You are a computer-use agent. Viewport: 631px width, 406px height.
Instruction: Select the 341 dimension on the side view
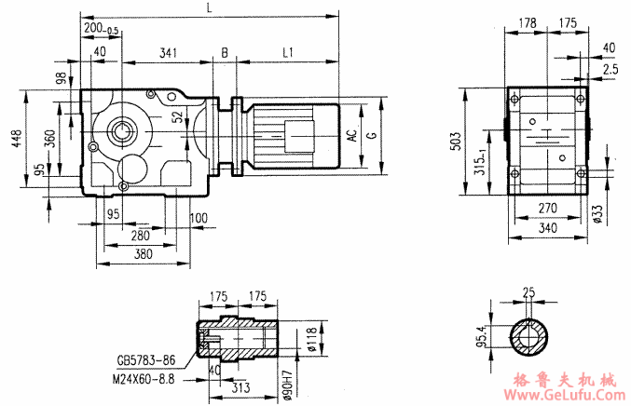point(168,54)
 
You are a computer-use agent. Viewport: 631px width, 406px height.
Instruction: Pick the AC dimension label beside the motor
point(351,135)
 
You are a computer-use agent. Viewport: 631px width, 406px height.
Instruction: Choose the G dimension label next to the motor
point(372,135)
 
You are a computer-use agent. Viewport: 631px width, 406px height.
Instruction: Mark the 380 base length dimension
point(142,253)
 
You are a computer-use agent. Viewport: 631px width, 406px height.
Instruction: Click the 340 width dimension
point(548,226)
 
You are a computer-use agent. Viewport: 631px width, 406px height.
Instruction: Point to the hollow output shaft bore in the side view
point(122,129)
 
